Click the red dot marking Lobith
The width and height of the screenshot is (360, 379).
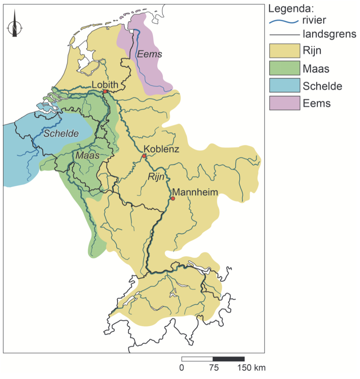click(105, 91)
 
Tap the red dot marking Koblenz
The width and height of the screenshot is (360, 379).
click(144, 156)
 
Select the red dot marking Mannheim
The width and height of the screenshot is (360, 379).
click(173, 198)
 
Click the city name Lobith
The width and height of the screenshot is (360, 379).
click(105, 85)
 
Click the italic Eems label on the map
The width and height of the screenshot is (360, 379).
click(150, 54)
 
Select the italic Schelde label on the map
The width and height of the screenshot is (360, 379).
click(61, 134)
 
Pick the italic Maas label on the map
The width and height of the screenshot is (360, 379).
click(87, 155)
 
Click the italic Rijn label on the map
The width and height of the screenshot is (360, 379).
click(156, 177)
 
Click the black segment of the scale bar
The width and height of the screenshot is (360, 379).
click(229, 359)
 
